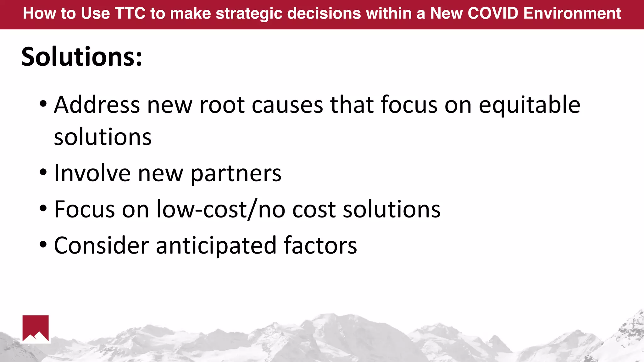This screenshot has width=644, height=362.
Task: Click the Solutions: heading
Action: (x=82, y=57)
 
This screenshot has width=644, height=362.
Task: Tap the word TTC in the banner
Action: (x=130, y=14)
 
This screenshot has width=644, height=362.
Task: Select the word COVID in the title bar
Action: (x=493, y=14)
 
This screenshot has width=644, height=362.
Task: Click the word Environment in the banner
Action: (x=572, y=14)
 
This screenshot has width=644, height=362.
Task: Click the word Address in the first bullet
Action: (x=97, y=105)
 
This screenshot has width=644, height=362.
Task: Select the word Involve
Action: (x=92, y=173)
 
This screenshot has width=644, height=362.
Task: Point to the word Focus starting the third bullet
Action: (x=84, y=209)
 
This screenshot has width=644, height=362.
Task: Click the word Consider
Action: (x=101, y=245)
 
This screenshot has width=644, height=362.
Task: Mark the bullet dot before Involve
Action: (x=43, y=172)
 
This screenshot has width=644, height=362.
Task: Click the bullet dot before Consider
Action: (x=43, y=244)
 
